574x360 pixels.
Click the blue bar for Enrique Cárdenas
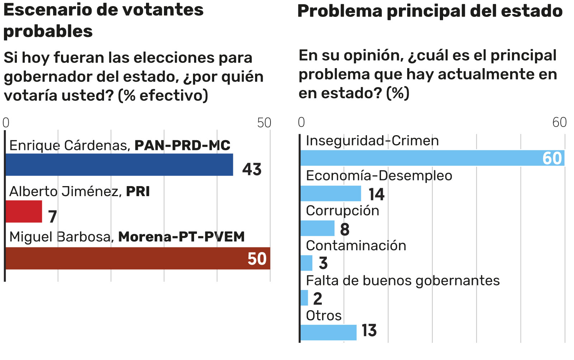tap(119, 165)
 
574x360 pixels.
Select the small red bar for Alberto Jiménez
tap(24, 212)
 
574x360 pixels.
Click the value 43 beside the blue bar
tap(252, 169)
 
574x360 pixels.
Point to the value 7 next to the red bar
tap(52, 217)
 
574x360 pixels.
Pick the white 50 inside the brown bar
tap(257, 259)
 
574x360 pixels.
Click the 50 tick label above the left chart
tap(264, 123)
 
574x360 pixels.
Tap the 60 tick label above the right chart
tap(559, 122)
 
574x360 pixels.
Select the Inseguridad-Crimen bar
tap(420, 158)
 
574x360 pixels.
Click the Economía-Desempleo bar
tap(330, 194)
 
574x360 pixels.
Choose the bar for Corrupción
tap(317, 228)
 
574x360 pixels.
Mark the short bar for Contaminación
tap(306, 263)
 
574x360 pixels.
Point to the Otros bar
tap(328, 332)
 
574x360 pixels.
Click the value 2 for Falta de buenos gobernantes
tap(317, 298)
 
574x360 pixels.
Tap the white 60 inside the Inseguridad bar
tap(552, 158)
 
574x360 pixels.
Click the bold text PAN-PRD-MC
tap(182, 145)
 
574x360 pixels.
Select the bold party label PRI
tap(138, 191)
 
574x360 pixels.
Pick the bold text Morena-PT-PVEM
tap(182, 237)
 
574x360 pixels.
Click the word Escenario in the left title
tap(47, 10)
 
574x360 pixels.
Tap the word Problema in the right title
tap(339, 11)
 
